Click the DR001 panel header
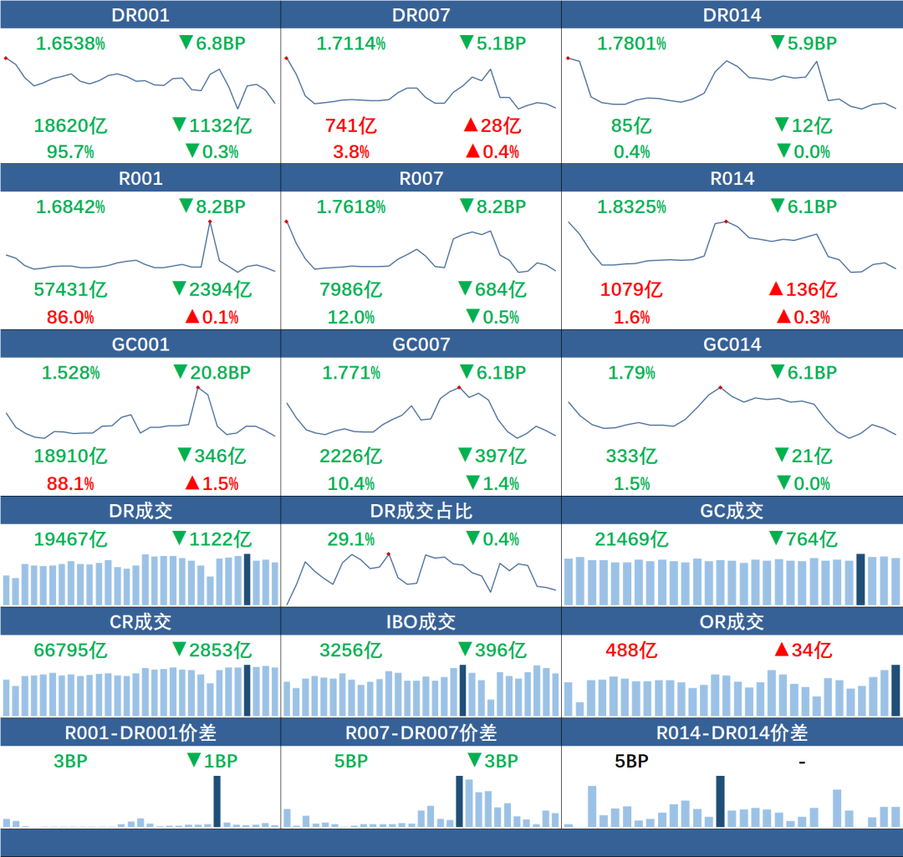click(x=140, y=15)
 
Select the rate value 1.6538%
click(x=70, y=43)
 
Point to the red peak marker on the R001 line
click(x=209, y=222)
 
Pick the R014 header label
click(x=732, y=178)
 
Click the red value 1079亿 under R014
click(x=631, y=290)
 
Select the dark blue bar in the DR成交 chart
click(x=247, y=579)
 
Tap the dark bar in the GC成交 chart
click(x=861, y=579)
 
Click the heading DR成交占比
click(x=421, y=511)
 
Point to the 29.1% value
click(x=351, y=539)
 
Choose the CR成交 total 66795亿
click(x=71, y=650)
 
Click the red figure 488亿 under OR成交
click(x=631, y=650)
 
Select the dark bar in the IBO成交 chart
click(x=463, y=690)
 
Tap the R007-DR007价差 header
click(x=421, y=733)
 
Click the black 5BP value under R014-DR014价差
click(x=631, y=762)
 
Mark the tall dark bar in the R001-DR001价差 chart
click(x=217, y=801)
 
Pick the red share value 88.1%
click(x=64, y=483)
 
